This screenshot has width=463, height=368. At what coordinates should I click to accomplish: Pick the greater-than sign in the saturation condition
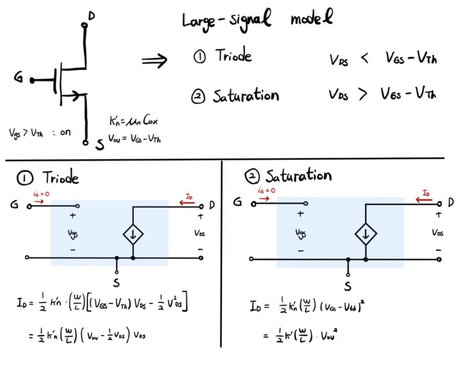(x=363, y=94)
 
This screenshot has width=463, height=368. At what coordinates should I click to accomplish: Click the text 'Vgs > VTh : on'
(x=40, y=132)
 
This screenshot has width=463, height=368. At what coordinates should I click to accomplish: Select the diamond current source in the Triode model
(x=133, y=234)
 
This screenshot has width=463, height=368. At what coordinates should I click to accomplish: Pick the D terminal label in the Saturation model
(x=451, y=203)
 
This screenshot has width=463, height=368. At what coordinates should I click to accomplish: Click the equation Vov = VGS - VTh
(x=135, y=138)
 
